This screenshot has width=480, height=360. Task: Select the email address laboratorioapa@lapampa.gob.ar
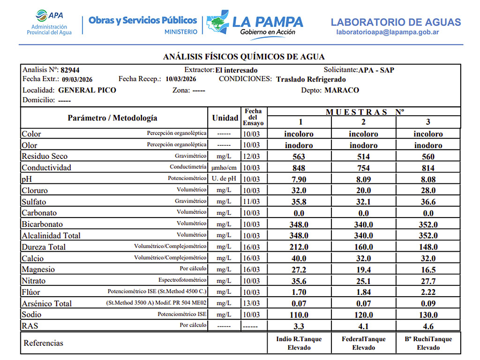point(388,32)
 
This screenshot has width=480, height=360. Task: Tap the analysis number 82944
point(70,70)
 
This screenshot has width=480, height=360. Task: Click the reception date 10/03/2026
point(181,79)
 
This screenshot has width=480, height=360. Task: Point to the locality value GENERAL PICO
point(87,90)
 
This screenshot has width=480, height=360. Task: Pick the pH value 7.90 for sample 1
point(299,179)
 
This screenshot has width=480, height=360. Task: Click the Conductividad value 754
point(363,168)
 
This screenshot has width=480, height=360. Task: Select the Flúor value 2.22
point(428,292)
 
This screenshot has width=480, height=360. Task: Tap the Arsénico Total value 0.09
point(428,303)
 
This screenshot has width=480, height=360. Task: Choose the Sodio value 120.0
point(363,315)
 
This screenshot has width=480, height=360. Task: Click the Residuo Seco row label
point(45,157)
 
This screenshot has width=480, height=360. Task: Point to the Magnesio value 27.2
point(299,270)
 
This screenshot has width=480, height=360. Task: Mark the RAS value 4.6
point(428,326)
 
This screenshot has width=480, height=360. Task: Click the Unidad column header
point(225,118)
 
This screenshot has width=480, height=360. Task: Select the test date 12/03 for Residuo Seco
point(252,157)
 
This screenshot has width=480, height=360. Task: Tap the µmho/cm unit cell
point(224,168)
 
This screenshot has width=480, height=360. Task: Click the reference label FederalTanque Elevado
point(364,343)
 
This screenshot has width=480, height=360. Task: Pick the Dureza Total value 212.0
point(299,247)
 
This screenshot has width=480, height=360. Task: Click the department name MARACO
point(342,90)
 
